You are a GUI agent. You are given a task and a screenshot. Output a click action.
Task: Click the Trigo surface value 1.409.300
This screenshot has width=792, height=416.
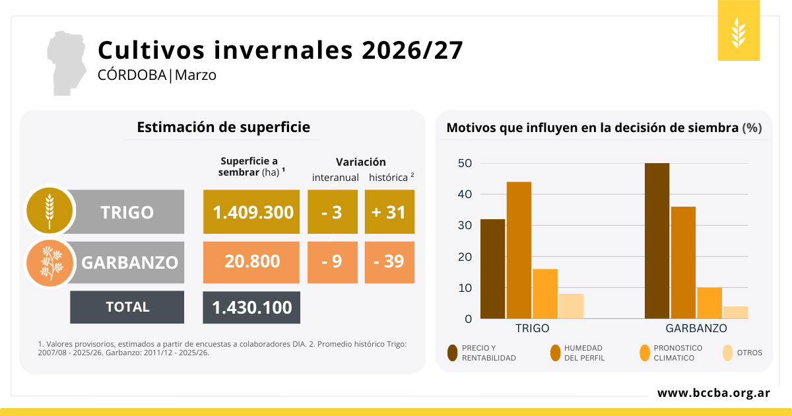(x=253, y=212)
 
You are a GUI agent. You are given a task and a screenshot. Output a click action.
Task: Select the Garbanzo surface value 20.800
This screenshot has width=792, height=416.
(x=251, y=261)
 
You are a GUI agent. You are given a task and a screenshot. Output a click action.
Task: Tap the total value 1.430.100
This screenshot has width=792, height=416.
(x=251, y=308)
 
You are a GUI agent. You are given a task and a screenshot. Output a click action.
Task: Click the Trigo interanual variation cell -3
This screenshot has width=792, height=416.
(x=333, y=212)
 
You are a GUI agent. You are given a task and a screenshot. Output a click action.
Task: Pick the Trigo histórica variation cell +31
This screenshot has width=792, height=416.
(x=389, y=212)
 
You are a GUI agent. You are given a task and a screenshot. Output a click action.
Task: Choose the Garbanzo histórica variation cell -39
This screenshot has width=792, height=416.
(x=389, y=261)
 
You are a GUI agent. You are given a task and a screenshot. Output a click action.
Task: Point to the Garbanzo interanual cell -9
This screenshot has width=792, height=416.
(x=333, y=261)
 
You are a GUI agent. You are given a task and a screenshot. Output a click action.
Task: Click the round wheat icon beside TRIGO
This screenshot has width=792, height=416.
(x=48, y=210)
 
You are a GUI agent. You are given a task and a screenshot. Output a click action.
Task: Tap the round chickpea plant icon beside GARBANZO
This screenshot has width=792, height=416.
(x=48, y=262)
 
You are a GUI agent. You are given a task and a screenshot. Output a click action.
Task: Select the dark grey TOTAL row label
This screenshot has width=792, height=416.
(x=127, y=307)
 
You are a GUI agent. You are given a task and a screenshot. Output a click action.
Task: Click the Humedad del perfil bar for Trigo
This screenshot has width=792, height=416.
(x=519, y=250)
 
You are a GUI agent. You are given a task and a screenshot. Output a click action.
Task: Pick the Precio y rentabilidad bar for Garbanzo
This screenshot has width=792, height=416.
(x=657, y=240)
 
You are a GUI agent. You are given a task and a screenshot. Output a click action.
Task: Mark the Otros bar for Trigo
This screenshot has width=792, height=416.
(x=572, y=306)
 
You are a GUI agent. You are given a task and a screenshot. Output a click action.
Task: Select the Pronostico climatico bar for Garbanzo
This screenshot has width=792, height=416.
(x=709, y=302)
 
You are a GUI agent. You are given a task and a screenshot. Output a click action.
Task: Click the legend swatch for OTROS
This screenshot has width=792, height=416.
(x=728, y=353)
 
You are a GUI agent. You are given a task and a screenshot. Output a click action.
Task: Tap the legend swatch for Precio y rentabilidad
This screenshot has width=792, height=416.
(x=453, y=353)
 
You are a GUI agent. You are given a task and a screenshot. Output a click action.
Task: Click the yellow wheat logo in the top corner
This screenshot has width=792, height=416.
(x=739, y=30)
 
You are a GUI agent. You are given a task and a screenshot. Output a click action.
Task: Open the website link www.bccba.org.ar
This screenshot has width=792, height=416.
(x=713, y=393)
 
